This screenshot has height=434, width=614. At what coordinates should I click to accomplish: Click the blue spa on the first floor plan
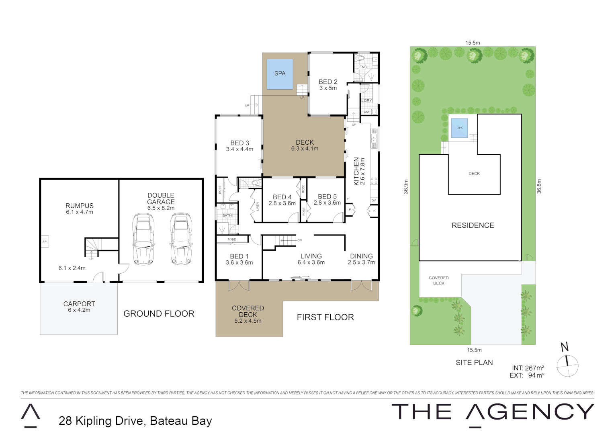280,74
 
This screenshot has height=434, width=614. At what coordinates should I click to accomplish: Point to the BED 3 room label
239,143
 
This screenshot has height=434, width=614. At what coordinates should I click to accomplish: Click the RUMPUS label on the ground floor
80,206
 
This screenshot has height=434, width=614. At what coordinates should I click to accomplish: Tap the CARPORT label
79,304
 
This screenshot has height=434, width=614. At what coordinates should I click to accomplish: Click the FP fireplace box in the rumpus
45,242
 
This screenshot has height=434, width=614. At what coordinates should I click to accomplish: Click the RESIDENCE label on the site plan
473,225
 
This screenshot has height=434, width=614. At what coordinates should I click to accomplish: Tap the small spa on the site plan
459,128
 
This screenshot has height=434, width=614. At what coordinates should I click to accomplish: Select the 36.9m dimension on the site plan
406,187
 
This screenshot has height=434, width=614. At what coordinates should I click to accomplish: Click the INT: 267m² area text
528,368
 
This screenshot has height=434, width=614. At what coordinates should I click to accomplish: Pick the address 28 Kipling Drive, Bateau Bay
135,421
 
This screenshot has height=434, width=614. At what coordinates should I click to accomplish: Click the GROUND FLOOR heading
159,314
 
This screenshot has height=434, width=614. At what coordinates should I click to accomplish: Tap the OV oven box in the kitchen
373,201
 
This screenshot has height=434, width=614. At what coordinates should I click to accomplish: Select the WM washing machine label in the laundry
366,112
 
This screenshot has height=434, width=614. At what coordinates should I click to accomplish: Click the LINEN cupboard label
258,206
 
